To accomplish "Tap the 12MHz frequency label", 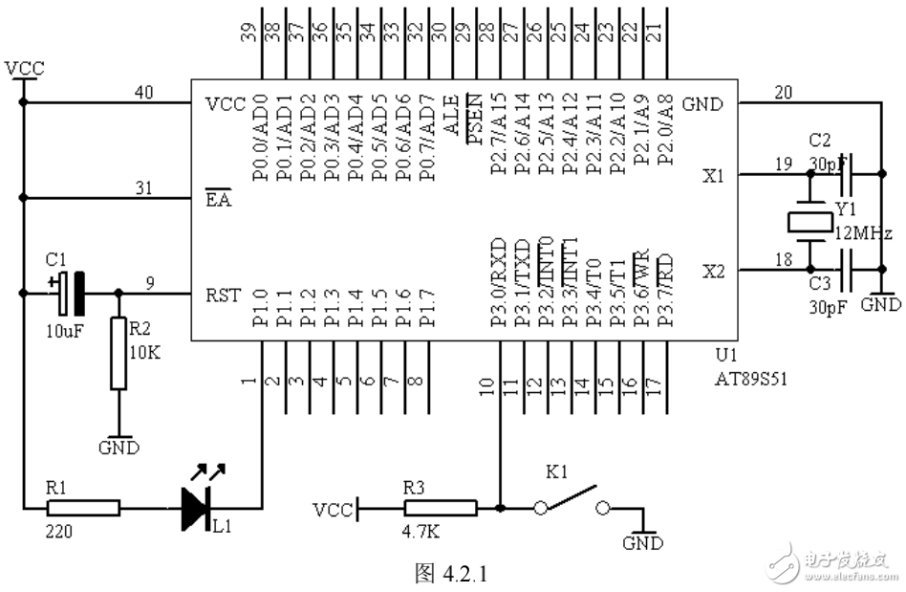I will (x=865, y=233).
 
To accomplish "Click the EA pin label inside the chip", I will (x=218, y=202).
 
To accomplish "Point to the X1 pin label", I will (x=713, y=176).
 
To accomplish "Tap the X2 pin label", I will (x=713, y=272).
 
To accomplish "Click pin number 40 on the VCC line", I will (x=144, y=92).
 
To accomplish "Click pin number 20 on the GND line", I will (x=784, y=92).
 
